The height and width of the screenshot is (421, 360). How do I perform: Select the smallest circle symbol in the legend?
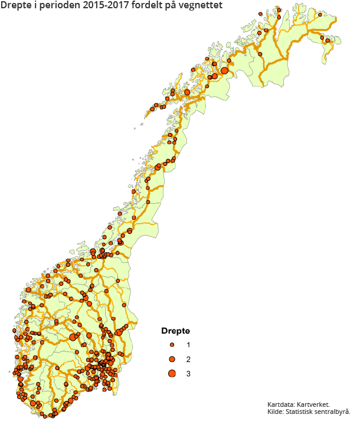(172, 344)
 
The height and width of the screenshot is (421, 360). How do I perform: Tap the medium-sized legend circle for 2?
(172, 359)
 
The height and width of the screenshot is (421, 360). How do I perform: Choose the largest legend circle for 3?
(172, 373)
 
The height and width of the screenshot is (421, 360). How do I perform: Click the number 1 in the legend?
(188, 344)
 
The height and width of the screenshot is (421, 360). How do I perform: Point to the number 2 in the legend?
(188, 359)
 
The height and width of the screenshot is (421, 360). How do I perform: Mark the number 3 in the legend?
(188, 373)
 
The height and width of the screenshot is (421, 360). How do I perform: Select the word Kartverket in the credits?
(319, 404)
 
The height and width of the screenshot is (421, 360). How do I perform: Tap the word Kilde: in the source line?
(277, 412)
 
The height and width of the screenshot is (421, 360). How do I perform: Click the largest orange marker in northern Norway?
(224, 70)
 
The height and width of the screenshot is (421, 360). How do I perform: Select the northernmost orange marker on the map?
(279, 9)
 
